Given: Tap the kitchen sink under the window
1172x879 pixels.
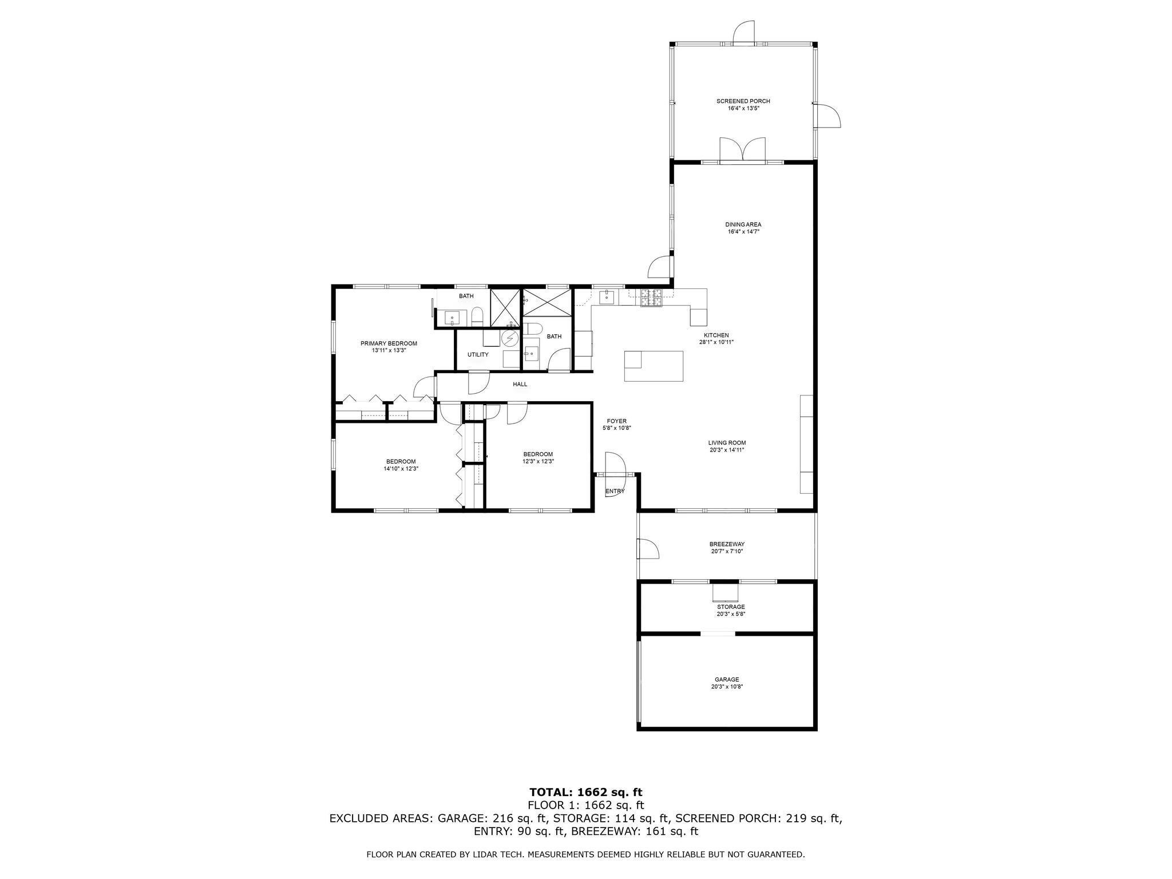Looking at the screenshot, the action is pos(606,297).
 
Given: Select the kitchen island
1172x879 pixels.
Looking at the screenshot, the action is pos(654,366).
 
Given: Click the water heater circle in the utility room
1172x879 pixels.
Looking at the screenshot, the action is pos(509,339).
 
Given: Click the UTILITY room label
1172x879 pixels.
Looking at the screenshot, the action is pos(478,355).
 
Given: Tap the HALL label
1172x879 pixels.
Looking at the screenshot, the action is pos(520,385).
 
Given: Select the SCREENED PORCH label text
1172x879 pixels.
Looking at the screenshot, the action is pos(743,101).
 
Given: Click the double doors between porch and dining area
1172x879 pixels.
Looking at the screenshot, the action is pos(742,151).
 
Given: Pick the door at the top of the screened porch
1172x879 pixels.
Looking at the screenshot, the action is pos(744,32).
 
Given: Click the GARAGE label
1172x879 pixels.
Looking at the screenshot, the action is pos(726,679).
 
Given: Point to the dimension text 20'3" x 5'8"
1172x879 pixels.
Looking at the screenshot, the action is pos(731,614).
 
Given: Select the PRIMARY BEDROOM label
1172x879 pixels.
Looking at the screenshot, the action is pos(389,343).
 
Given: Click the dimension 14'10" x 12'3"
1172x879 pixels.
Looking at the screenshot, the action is pos(401,469).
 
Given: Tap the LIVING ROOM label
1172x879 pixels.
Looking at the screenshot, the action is pos(727,442).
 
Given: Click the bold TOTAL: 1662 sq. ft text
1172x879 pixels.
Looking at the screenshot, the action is pos(585,792).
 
